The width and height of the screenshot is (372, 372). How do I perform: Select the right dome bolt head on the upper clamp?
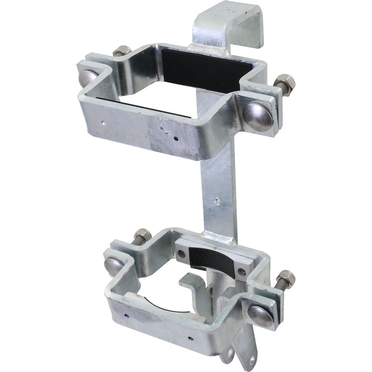pyautogui.click(x=258, y=116)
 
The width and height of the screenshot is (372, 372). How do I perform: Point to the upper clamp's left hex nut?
pyautogui.click(x=122, y=51)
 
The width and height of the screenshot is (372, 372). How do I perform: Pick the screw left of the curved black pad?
pyautogui.click(x=182, y=254)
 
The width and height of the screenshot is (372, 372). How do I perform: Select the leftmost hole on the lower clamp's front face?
pyautogui.click(x=127, y=315)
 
